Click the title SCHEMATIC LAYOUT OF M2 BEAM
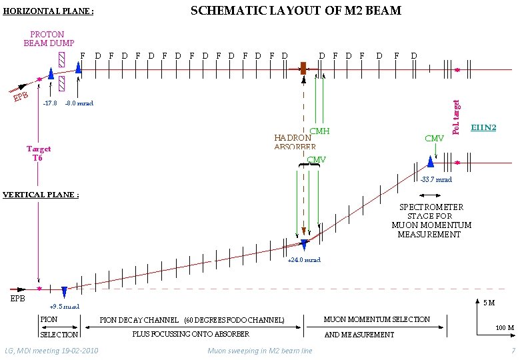tap(296, 10)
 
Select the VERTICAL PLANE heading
tap(41, 195)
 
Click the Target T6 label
tap(38, 153)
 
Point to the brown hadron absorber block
tap(303, 68)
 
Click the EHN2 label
tap(483, 127)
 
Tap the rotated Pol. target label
tap(456, 117)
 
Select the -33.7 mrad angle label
tap(436, 179)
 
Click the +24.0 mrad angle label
tap(303, 260)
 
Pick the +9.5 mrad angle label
tap(65, 307)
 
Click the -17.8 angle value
tap(49, 103)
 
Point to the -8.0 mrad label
tap(79, 103)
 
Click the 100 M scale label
tap(504, 328)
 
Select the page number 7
tap(513, 351)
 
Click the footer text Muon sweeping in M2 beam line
tap(259, 351)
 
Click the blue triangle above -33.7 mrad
tap(431, 161)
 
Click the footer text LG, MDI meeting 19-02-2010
tap(51, 351)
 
